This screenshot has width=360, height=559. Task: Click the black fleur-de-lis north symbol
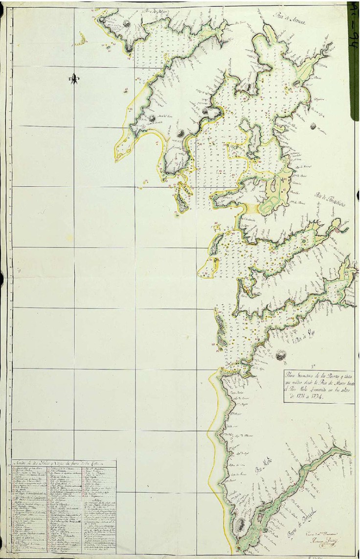74,79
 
